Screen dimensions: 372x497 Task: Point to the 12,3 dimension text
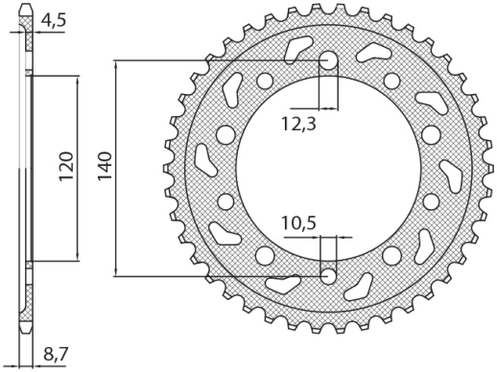tap(299, 124)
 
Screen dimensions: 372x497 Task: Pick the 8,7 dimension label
tap(55, 356)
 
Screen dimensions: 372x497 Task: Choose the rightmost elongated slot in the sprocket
tap(451, 176)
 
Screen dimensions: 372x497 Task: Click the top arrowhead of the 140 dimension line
tap(116, 65)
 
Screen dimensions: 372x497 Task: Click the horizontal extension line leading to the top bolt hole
tap(221, 60)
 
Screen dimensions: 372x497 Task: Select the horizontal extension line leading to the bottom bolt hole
tap(221, 276)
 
